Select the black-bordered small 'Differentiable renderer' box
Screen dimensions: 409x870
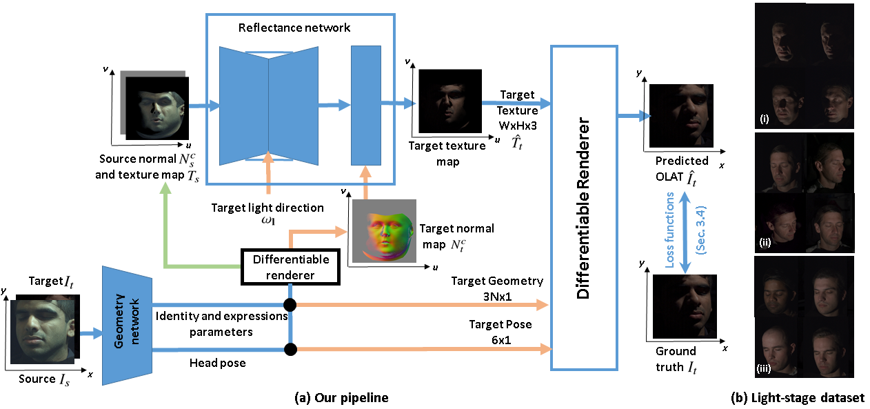290,267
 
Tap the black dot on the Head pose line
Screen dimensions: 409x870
290,350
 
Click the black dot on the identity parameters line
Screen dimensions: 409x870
290,304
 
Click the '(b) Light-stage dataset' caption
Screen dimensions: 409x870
797,397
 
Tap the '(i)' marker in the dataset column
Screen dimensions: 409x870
763,118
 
